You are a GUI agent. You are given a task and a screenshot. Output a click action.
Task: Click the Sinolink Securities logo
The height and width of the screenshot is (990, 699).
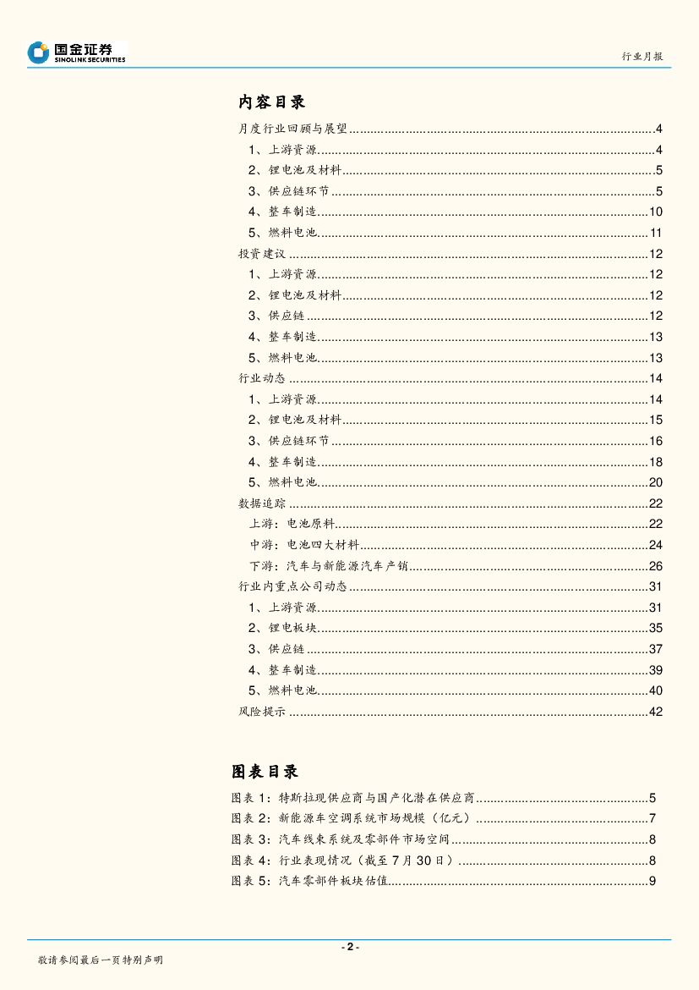coord(76,52)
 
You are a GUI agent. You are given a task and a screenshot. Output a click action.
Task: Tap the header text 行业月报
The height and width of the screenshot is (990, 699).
coord(642,57)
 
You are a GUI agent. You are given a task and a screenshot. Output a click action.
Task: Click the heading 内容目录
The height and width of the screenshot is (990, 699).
coord(271,102)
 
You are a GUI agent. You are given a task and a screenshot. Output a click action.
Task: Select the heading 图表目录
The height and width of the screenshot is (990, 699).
coord(265,772)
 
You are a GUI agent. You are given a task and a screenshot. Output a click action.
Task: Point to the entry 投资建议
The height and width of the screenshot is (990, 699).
coord(263,254)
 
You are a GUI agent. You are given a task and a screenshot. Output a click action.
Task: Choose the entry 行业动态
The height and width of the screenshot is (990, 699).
coord(262,378)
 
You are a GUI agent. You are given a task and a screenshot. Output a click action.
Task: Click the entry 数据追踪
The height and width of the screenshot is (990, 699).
coord(262,503)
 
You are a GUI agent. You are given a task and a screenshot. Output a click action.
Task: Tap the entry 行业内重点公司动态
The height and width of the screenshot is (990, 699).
coord(292,586)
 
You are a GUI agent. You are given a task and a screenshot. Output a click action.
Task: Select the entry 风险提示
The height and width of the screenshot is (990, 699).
coord(262,712)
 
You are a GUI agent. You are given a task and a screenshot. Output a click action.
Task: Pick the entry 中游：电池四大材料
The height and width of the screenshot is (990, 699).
coord(304,545)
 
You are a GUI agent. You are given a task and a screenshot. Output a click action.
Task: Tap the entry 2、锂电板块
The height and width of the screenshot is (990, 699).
coord(282,628)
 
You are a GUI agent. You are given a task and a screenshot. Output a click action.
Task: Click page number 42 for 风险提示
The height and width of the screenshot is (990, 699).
coord(655,712)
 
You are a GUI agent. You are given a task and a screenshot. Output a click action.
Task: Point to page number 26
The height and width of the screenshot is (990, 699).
coord(655,566)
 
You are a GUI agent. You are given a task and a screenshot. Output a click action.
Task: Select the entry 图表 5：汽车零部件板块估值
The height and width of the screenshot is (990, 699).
coord(309,881)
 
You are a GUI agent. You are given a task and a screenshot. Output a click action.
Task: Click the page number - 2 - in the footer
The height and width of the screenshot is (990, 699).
coord(349,947)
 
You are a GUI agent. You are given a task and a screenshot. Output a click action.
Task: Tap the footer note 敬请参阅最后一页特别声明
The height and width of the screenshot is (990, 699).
coord(100,960)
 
